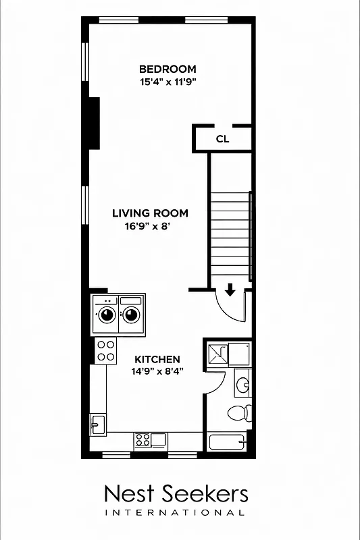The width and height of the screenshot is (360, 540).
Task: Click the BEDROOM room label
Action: pos(168,69)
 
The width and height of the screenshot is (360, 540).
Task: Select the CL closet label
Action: pos(222,139)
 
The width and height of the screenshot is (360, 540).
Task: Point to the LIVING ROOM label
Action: pos(150,213)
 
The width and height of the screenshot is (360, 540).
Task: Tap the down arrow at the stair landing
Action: pos(230,290)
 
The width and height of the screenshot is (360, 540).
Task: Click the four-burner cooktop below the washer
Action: pos(105,350)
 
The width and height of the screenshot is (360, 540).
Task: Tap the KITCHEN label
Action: pos(157,359)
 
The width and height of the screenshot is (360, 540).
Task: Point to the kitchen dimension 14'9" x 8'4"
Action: pos(157,371)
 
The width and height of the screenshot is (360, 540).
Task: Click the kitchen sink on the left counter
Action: pos(97,425)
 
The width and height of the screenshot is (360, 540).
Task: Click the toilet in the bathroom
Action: pos(239,412)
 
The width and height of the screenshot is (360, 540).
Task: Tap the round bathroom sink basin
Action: pos(243,385)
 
